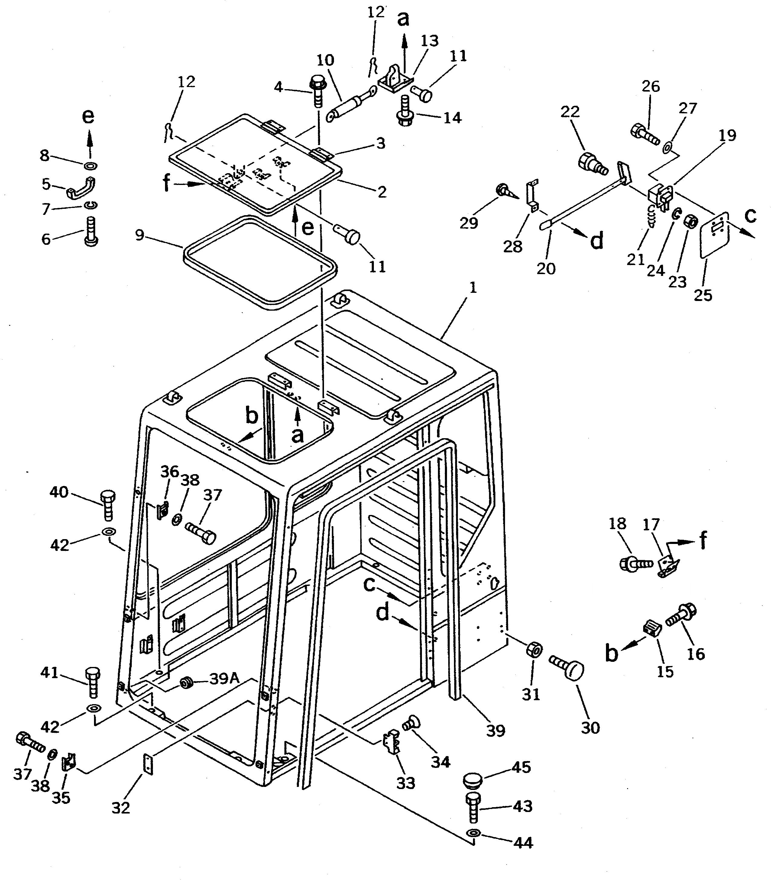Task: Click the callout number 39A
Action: pos(225,678)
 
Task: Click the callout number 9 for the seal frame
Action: pos(139,236)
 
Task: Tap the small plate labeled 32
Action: pos(147,765)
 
